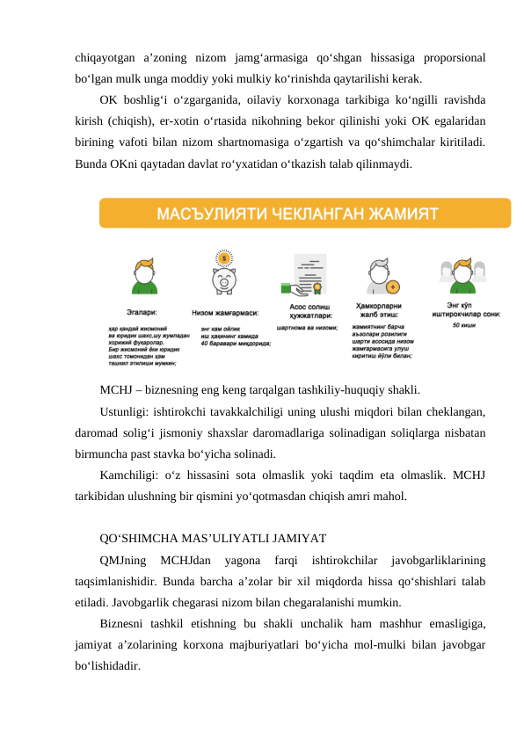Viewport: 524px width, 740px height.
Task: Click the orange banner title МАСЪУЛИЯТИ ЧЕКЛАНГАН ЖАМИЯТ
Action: coord(298,214)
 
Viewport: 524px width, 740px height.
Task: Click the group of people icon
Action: coord(457,277)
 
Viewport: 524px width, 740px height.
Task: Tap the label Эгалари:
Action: coord(142,311)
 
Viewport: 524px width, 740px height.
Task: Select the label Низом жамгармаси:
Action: coord(224,311)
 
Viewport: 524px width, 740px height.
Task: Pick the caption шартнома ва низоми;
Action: coord(307,329)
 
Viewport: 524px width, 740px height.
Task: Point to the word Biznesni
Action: coord(124,623)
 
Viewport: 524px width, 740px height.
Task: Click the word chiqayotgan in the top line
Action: coord(106,58)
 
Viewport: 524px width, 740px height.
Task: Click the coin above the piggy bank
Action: coord(224,258)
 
